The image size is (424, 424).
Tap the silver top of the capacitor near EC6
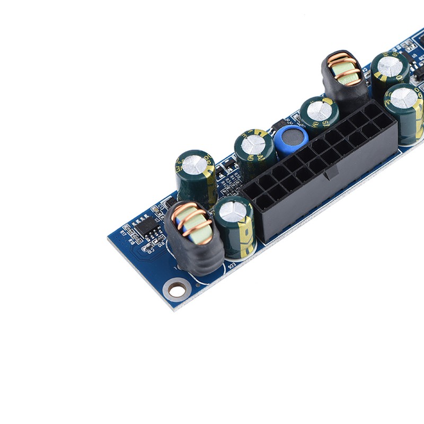tap(233, 211)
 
